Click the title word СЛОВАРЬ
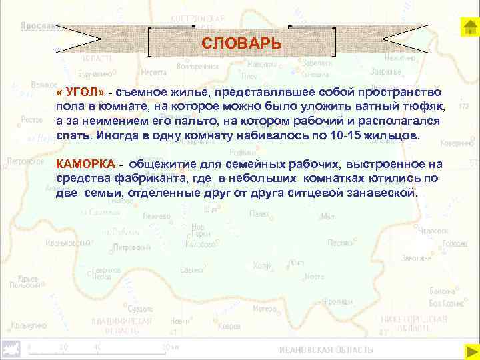(x=241, y=43)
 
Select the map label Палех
(x=259, y=214)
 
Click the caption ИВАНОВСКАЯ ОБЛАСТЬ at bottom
(x=326, y=350)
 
